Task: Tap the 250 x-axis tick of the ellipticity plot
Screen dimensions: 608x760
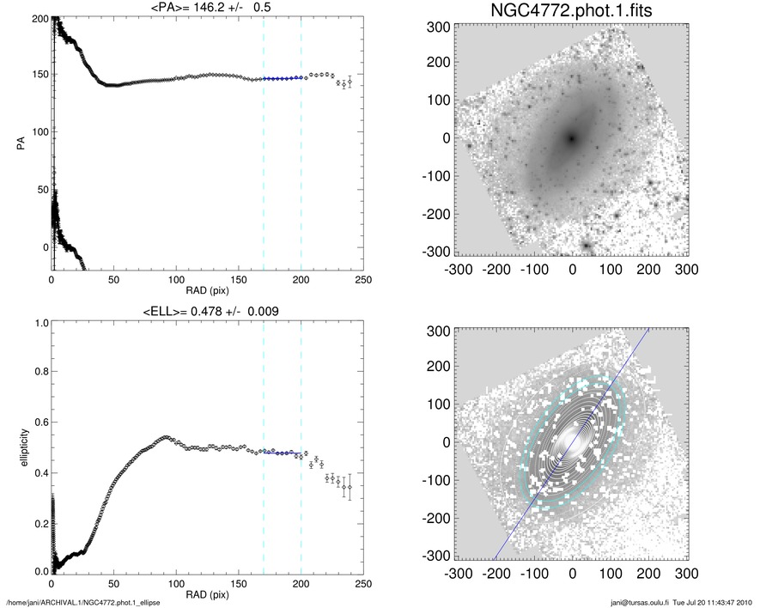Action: point(363,584)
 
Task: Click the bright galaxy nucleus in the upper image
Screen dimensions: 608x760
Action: point(572,137)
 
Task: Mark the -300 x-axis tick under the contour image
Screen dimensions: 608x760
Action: point(456,574)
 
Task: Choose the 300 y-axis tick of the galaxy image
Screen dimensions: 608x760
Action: point(439,27)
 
